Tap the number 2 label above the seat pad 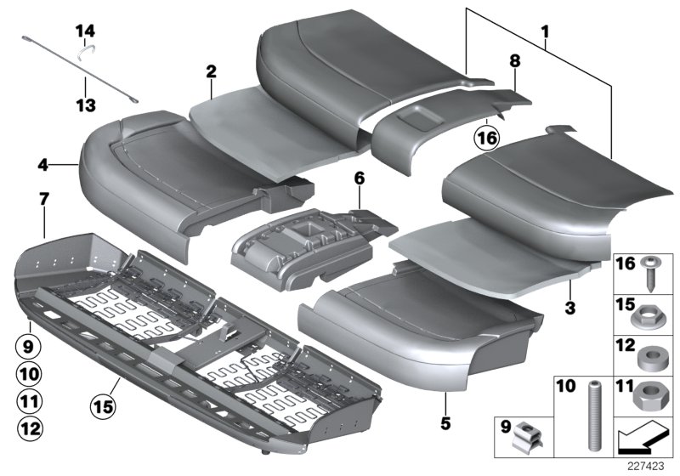pyautogui.click(x=210, y=71)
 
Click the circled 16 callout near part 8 pyautogui.click(x=487, y=136)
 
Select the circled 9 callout pyautogui.click(x=29, y=346)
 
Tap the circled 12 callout pyautogui.click(x=29, y=428)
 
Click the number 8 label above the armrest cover pyautogui.click(x=513, y=60)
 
